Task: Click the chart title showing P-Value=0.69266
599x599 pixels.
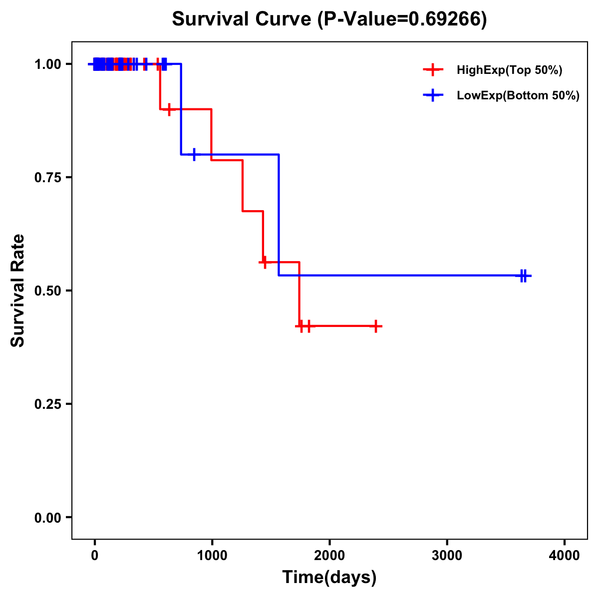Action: coord(329,19)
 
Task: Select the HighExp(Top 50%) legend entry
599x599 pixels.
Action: coord(509,70)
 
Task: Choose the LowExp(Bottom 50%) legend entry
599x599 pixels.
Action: coord(518,96)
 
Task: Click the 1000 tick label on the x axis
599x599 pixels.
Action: coord(212,556)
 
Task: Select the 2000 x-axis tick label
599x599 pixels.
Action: coord(329,556)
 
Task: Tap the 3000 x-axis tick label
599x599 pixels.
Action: coord(447,556)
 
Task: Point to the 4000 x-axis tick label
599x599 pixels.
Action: coord(565,556)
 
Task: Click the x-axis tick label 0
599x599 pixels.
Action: coord(94,556)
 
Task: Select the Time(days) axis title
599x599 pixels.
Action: coord(329,578)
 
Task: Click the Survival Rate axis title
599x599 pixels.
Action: coord(18,291)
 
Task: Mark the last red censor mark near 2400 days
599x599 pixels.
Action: coord(375,326)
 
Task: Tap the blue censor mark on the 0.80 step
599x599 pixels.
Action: coord(194,154)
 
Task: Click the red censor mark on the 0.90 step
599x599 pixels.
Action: coord(169,109)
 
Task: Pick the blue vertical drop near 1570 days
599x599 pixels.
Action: coord(279,215)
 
